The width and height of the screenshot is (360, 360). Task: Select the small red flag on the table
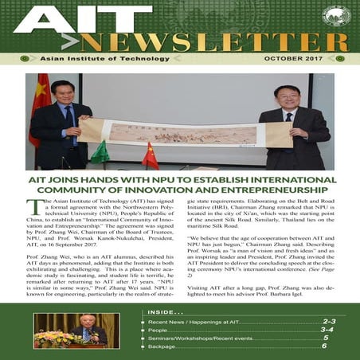[x=149, y=155]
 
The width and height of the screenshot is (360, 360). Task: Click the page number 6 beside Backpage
[x=323, y=346]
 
